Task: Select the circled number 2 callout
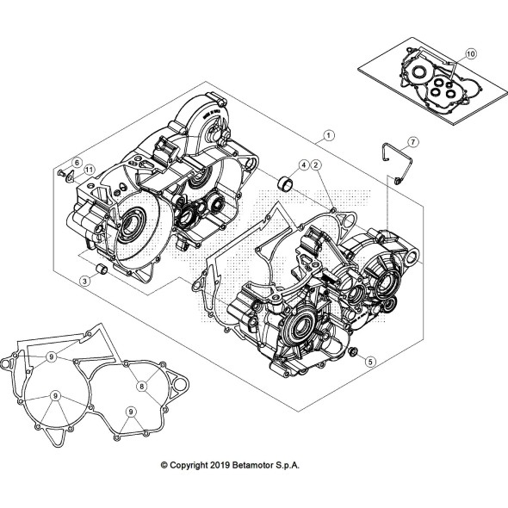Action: (x=317, y=164)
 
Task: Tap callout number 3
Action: (x=85, y=281)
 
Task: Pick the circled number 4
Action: (x=304, y=164)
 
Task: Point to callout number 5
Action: (x=371, y=362)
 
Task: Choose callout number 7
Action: (x=412, y=142)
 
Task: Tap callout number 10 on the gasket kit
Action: (x=470, y=53)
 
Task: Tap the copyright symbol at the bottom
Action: (x=165, y=465)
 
